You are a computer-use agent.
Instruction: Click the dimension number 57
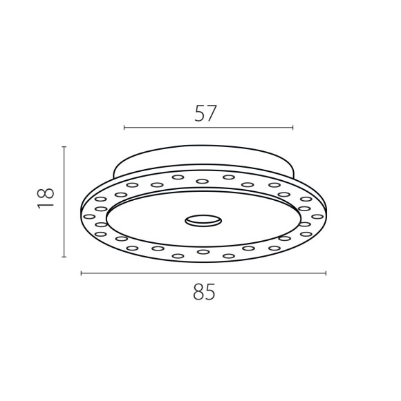(206, 113)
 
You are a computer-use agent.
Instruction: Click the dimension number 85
(204, 293)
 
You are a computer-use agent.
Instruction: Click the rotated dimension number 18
(46, 199)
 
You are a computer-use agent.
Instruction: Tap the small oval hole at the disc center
(203, 221)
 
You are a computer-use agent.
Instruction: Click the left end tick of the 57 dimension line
(124, 128)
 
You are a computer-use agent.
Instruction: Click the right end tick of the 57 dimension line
(293, 128)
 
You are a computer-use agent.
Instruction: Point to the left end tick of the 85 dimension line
(81, 274)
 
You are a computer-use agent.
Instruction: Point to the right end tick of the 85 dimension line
(326, 274)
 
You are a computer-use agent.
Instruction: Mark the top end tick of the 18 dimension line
(64, 146)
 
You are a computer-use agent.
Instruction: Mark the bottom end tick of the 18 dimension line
(64, 257)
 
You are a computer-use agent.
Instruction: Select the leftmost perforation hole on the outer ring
(89, 217)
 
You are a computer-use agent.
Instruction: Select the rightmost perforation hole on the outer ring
(317, 217)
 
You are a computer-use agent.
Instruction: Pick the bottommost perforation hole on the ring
(203, 252)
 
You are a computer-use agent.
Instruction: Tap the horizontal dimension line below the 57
(207, 128)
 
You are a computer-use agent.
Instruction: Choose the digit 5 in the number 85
(210, 293)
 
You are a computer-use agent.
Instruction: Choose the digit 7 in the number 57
(213, 113)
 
